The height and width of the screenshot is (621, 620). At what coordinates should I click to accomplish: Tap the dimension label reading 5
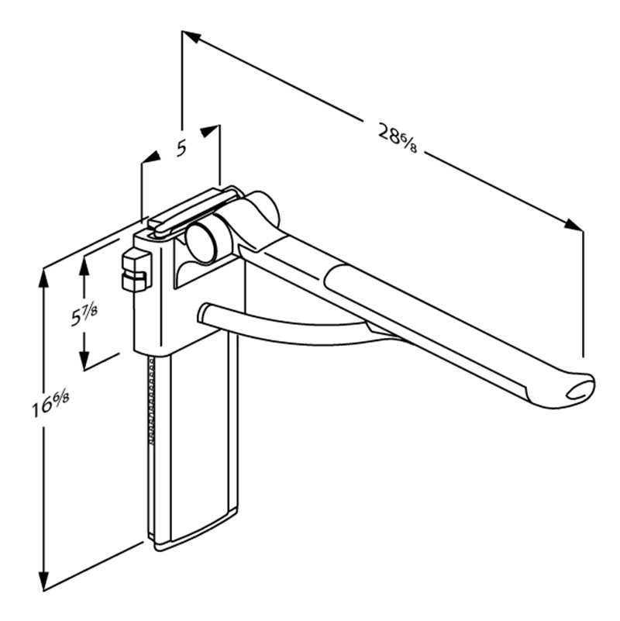click(x=181, y=148)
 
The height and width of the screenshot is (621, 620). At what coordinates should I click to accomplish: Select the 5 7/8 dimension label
click(x=84, y=312)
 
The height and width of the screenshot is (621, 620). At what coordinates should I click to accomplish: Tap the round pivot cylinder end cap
click(x=201, y=242)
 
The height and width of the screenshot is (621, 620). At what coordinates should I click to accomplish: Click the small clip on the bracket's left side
click(x=136, y=271)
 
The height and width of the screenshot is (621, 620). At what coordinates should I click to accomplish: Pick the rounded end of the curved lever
click(x=205, y=315)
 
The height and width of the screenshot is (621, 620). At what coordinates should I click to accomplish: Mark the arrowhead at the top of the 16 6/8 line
click(x=44, y=278)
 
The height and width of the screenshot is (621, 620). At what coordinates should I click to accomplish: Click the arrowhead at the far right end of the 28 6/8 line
click(x=573, y=225)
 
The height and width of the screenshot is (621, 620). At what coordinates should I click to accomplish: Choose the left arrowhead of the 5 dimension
click(x=150, y=157)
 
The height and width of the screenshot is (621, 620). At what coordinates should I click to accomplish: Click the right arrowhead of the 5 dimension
click(x=211, y=132)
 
